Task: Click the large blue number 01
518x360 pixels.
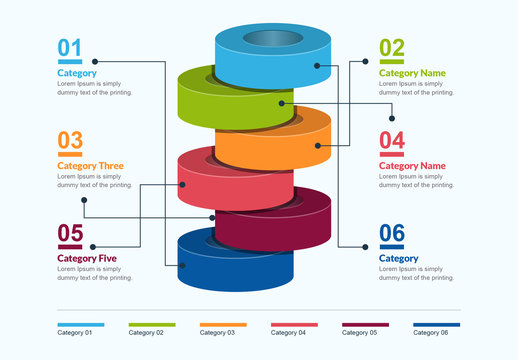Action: coord(70,47)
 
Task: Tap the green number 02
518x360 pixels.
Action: coord(392,47)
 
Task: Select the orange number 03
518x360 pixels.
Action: coord(70,140)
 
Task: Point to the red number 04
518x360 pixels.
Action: coord(392,140)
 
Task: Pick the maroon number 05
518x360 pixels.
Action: coord(70,233)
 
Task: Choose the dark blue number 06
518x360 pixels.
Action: coord(392,233)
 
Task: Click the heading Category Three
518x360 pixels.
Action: coord(91,166)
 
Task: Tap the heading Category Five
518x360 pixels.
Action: coord(87,259)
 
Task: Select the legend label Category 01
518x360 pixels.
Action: coord(74,332)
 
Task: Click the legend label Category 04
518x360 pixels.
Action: coord(289,332)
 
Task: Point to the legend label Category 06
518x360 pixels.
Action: coord(431,332)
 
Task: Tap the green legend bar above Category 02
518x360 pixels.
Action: coord(152,324)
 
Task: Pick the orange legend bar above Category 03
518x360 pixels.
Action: coord(223,324)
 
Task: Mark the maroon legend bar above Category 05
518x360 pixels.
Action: coord(365,324)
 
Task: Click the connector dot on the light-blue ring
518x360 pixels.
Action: coord(318,65)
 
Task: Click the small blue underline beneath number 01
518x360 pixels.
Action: coord(69,62)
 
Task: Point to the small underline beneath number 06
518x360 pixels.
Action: coord(392,247)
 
